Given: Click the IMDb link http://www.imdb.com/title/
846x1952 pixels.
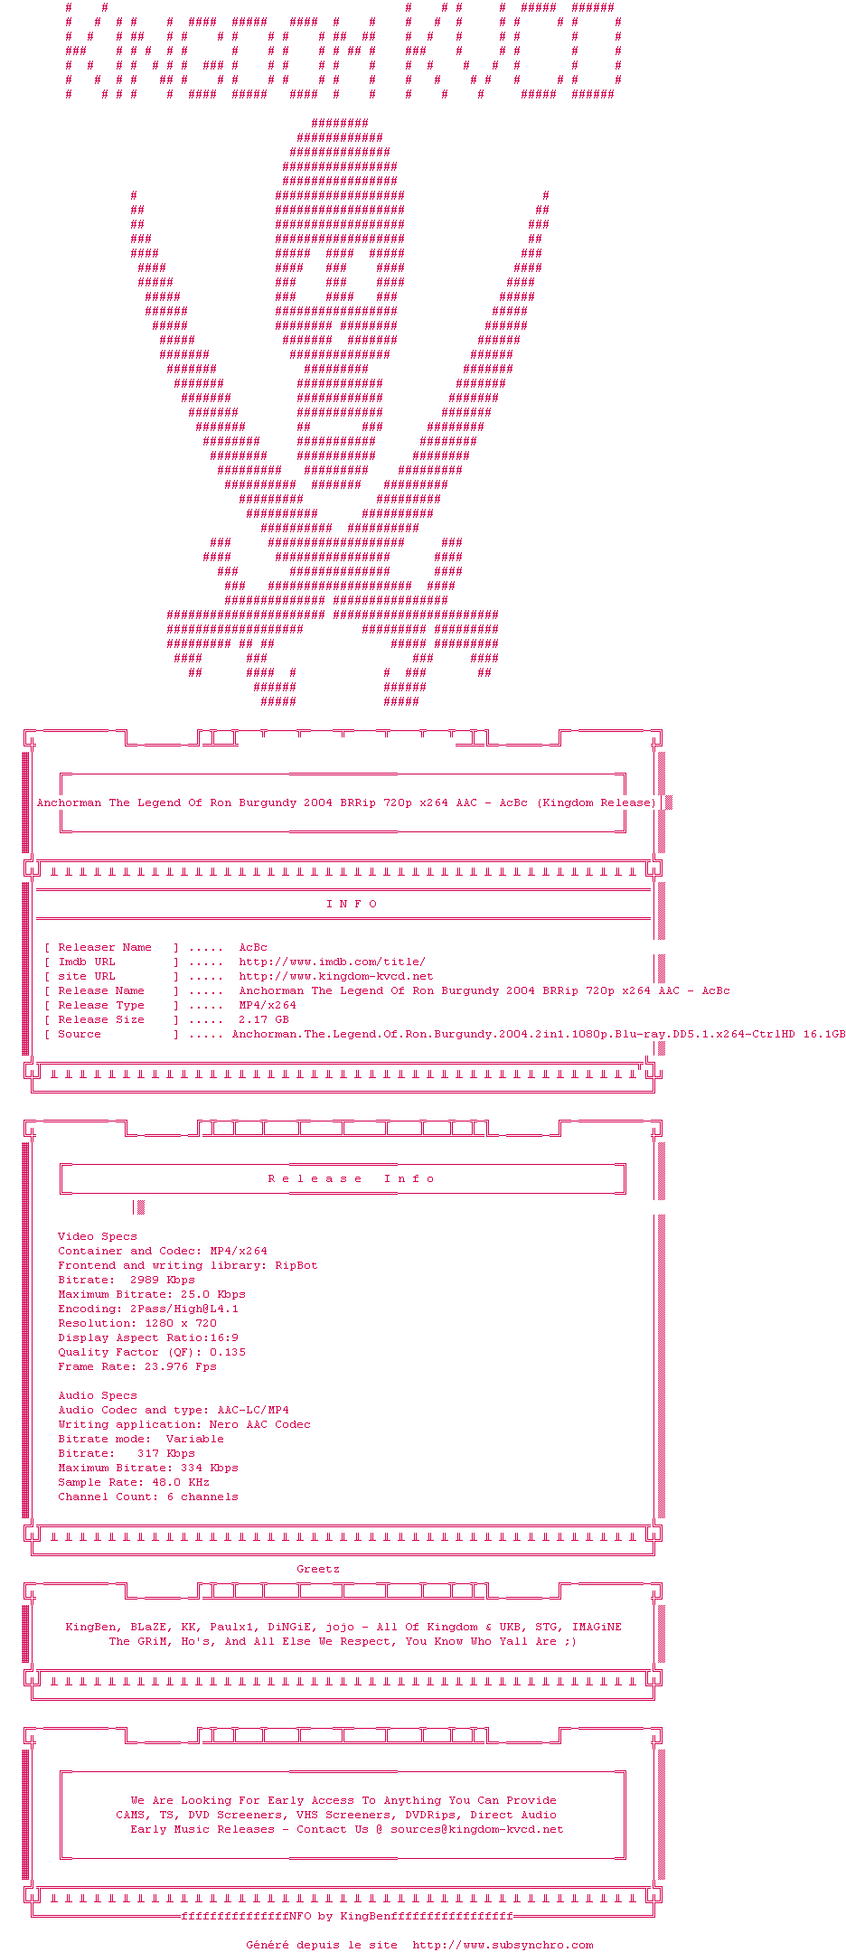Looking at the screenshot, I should tap(332, 962).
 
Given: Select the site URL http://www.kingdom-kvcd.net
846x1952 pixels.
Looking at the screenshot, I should tap(335, 976).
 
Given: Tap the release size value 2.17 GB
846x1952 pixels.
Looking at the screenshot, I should tap(264, 1019).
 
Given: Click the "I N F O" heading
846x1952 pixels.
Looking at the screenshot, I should tap(352, 904).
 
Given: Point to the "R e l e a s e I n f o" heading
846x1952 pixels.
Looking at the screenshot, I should tap(351, 1178).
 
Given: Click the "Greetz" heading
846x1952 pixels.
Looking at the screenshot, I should tap(318, 1569).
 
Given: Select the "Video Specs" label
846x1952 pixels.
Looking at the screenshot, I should tap(98, 1236).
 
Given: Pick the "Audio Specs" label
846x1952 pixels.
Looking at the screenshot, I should tap(98, 1395).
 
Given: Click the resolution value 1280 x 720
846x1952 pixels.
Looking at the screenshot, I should tap(181, 1323).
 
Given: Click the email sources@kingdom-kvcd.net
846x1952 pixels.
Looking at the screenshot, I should tap(476, 1829).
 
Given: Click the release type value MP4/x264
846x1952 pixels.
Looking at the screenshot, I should tap(268, 1005).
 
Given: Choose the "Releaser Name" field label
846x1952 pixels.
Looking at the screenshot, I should tap(105, 947).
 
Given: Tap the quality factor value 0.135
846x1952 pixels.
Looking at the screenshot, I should tap(228, 1352).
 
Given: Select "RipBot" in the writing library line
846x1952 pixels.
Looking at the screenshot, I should tap(296, 1265).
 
